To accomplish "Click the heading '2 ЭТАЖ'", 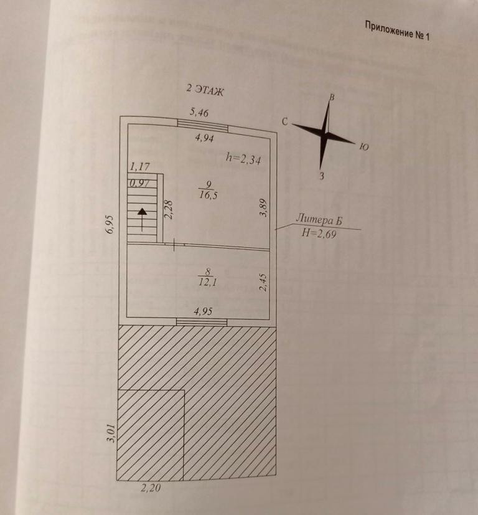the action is click(205, 90).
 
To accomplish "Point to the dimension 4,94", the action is click(205, 138).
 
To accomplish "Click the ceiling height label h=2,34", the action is click(243, 159).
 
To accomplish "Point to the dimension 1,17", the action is click(139, 167).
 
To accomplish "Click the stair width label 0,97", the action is click(140, 184).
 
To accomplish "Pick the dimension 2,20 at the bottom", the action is click(150, 488).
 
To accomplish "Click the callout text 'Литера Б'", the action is click(319, 219).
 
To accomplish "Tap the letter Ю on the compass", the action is click(365, 148).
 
